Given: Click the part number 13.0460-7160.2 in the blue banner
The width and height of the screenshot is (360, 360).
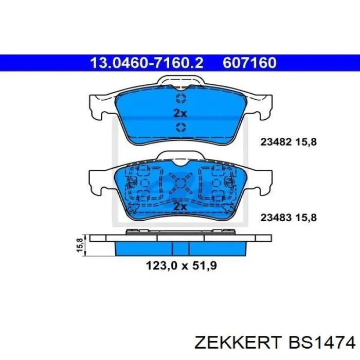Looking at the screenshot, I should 147,63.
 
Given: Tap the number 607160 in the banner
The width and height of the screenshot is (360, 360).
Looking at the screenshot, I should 250,63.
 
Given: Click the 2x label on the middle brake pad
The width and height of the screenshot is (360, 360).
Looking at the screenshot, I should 179,206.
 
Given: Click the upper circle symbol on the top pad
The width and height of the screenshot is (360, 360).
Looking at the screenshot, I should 180,98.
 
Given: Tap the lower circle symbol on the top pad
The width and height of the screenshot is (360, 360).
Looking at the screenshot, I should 180,127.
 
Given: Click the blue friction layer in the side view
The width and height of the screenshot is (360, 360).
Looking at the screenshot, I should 179,248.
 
